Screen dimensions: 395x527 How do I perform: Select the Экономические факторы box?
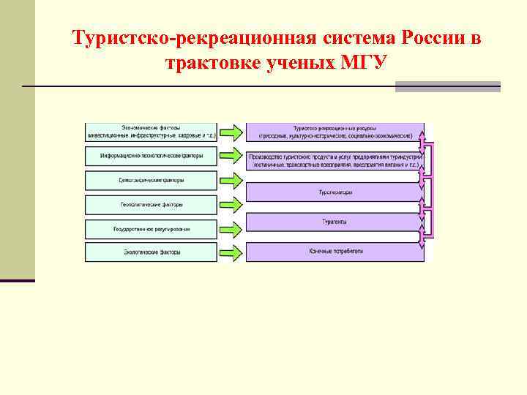152,132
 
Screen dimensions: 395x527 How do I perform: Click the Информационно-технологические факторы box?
152,156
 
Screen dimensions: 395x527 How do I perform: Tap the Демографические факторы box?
152,180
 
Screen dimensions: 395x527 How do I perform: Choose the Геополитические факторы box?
152,204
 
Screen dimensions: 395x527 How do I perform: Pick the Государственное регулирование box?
152,228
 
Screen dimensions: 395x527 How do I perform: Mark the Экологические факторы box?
152,252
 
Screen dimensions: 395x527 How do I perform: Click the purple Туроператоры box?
335,192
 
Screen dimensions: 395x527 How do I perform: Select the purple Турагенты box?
335,222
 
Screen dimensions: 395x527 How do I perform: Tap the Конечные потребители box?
335,252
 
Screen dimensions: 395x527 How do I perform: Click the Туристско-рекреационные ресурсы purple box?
335,132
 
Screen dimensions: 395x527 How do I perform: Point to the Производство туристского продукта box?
335,161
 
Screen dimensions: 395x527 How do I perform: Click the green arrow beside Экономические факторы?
231,132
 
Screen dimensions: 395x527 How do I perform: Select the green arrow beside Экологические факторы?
231,252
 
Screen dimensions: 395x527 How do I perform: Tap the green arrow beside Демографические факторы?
231,180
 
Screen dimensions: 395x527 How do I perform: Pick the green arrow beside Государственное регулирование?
231,228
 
